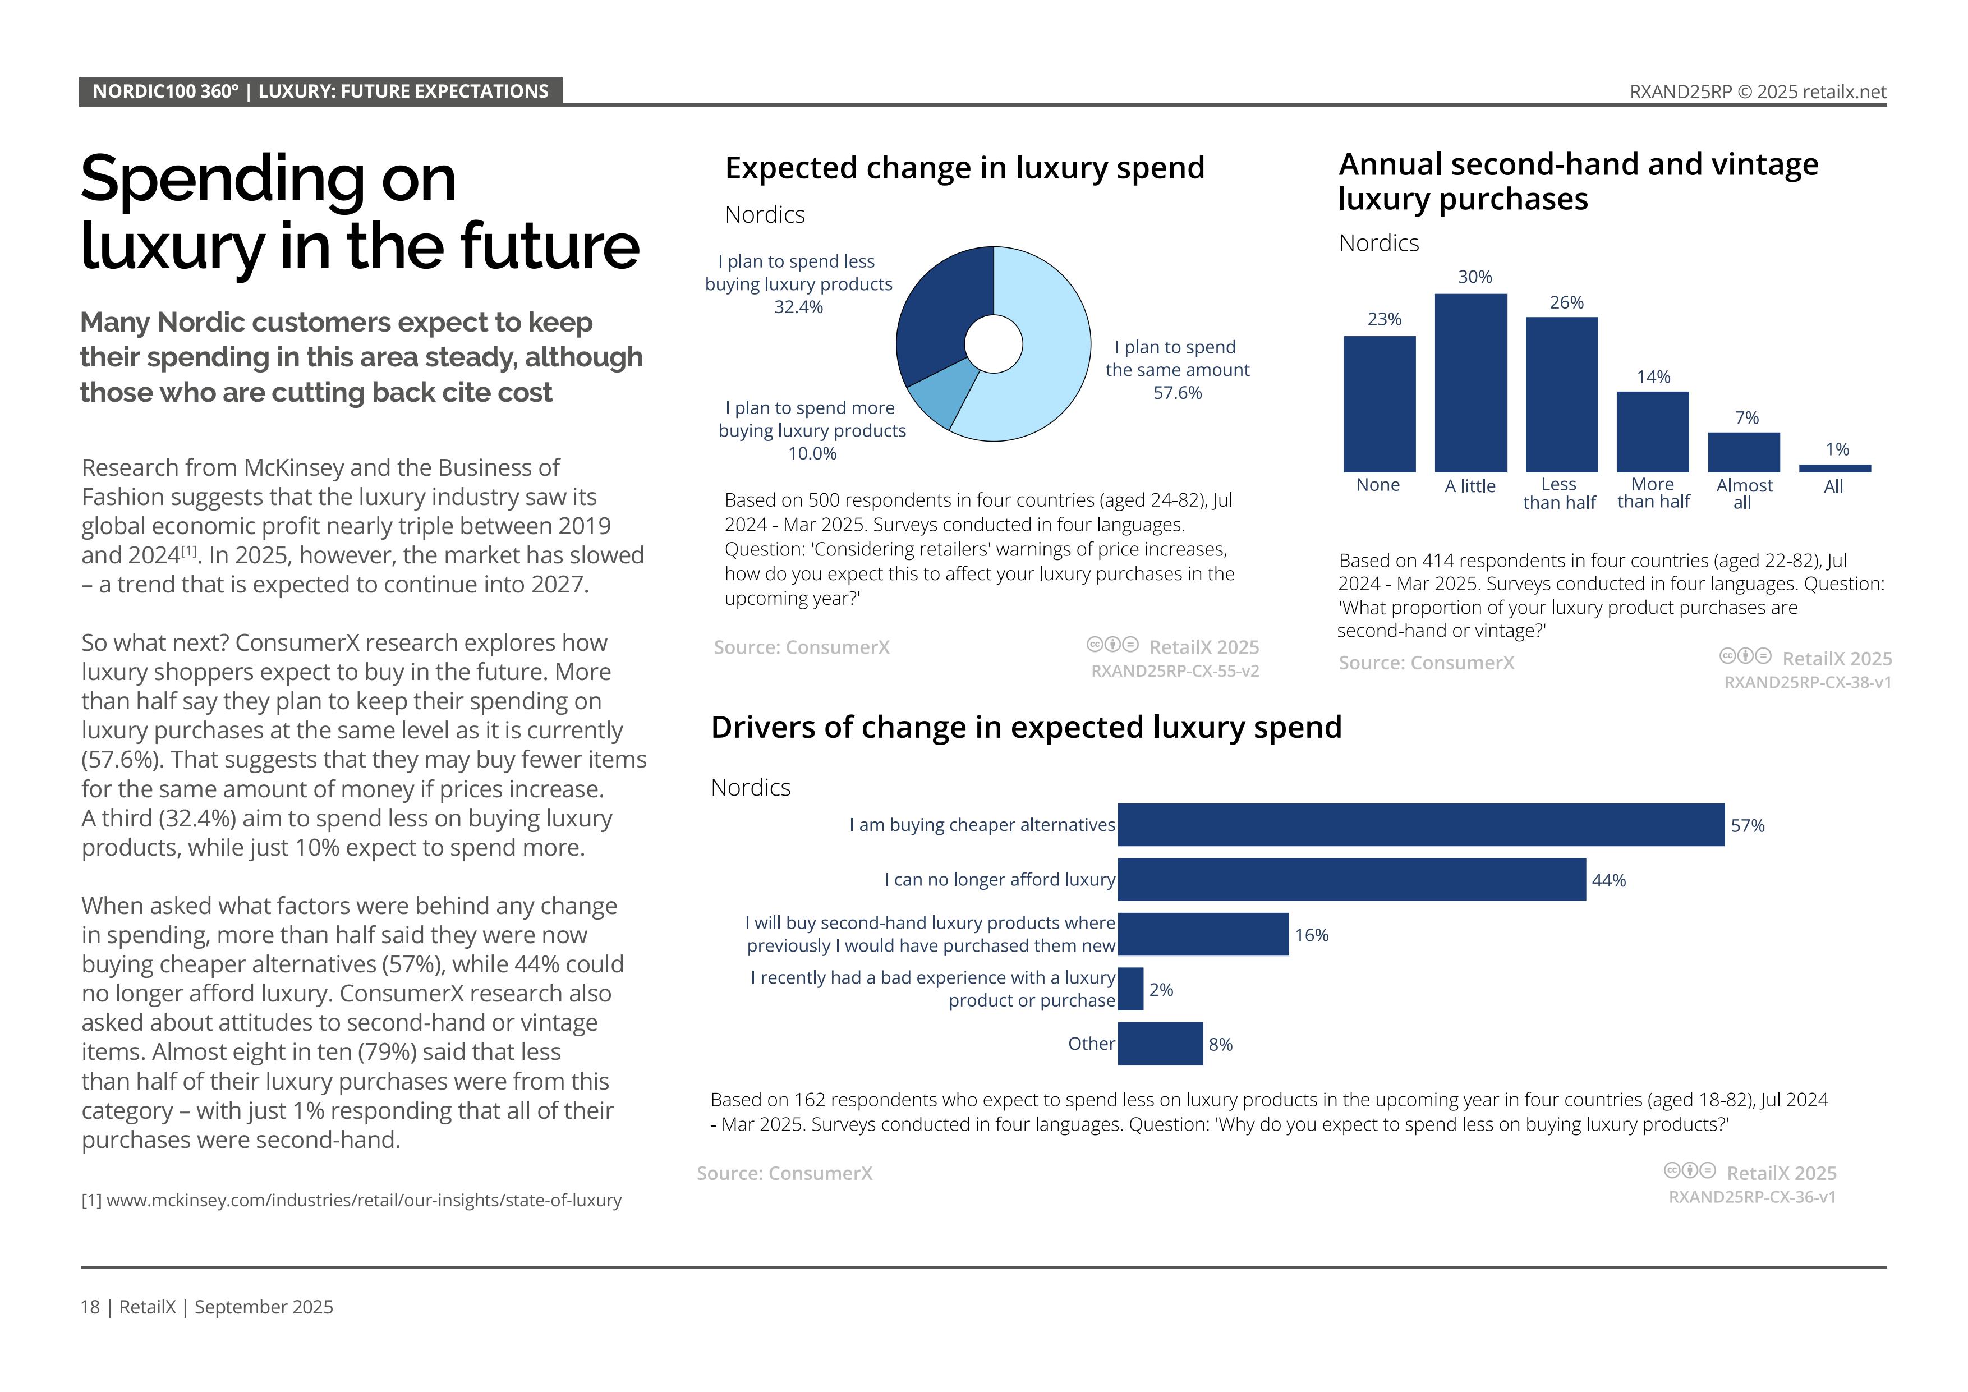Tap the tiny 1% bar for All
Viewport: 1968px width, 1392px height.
pyautogui.click(x=1834, y=468)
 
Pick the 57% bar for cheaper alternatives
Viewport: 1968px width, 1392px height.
pyautogui.click(x=1420, y=825)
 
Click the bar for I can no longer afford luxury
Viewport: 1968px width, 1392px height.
pyautogui.click(x=1351, y=879)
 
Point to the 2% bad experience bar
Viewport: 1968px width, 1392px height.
pyautogui.click(x=1130, y=989)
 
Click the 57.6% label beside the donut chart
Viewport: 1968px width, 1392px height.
pyautogui.click(x=1177, y=393)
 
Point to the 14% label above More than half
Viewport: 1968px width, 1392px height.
pyautogui.click(x=1653, y=377)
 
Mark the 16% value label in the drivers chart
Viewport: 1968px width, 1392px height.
pyautogui.click(x=1312, y=935)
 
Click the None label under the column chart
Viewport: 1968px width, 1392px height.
pyautogui.click(x=1377, y=485)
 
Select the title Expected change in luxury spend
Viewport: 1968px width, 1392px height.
pyautogui.click(x=964, y=168)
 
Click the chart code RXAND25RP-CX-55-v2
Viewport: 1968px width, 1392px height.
pyautogui.click(x=1174, y=671)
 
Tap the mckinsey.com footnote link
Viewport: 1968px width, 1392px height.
pyautogui.click(x=364, y=1200)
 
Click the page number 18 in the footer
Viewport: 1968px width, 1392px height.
pyautogui.click(x=90, y=1307)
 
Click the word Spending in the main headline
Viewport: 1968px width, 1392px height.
pyautogui.click(x=268, y=180)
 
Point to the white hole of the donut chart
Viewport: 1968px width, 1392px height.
pyautogui.click(x=994, y=344)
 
